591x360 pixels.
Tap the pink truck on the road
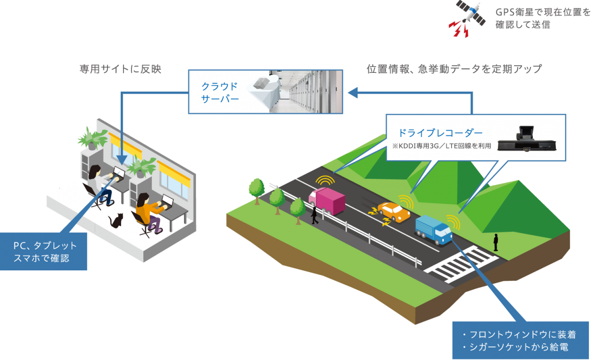328,200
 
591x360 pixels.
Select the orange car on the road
394,212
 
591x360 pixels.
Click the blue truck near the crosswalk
433,229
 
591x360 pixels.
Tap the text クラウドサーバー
220,93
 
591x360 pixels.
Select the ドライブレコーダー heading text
440,133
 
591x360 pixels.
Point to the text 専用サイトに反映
120,69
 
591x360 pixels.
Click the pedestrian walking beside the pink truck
314,215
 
